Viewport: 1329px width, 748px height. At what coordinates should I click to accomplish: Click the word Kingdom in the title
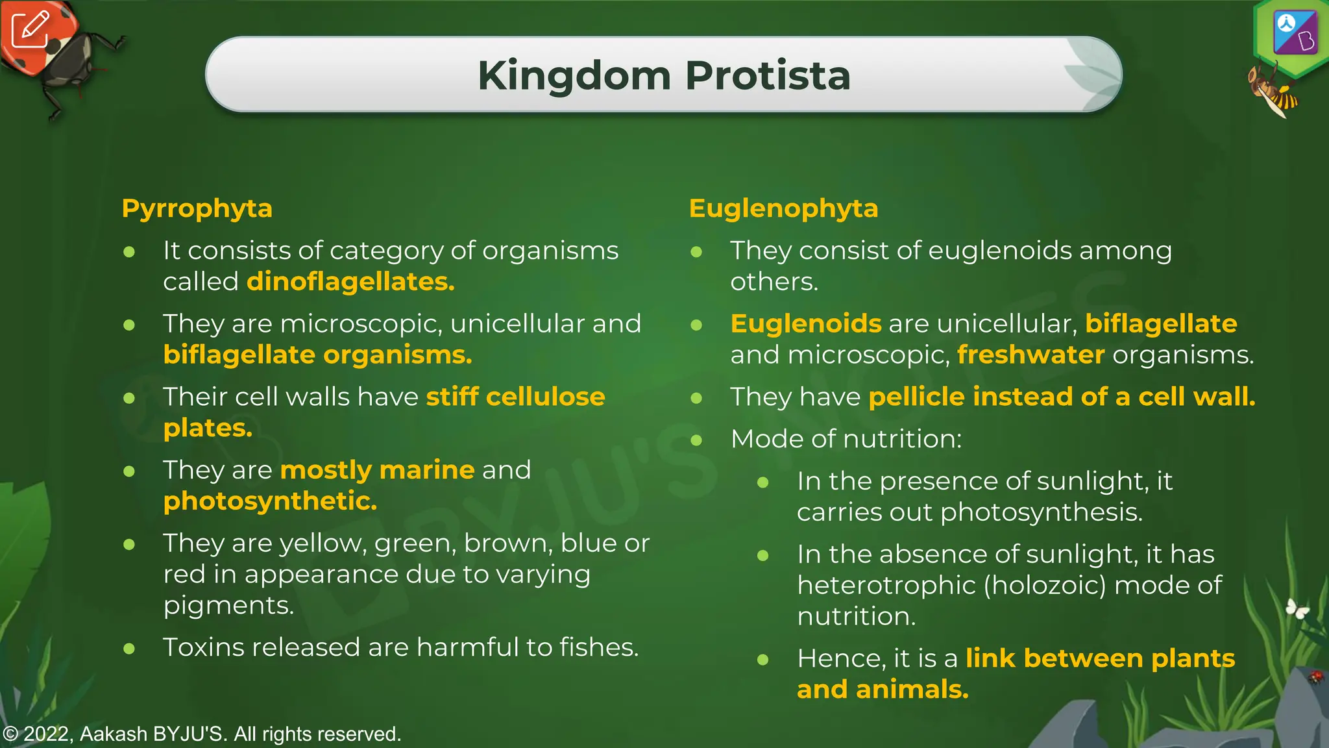tap(574, 75)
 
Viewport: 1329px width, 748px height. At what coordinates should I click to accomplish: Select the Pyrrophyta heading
tap(197, 209)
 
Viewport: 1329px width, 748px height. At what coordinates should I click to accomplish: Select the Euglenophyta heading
tap(783, 209)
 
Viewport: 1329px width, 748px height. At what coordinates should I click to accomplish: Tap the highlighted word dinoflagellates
tap(350, 282)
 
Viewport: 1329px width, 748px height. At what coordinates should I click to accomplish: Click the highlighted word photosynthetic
tap(270, 501)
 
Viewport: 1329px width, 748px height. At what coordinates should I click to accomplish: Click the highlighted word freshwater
tap(1030, 355)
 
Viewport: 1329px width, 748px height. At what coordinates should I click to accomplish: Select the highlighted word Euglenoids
tap(806, 324)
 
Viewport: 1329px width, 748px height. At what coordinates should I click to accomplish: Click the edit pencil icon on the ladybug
tap(30, 29)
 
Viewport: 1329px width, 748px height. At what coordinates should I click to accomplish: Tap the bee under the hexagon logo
tap(1272, 91)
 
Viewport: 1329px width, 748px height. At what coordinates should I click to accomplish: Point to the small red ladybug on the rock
tap(1315, 677)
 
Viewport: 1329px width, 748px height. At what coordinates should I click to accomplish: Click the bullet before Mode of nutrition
tap(696, 440)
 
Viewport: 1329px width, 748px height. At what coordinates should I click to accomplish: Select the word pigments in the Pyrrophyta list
tap(228, 606)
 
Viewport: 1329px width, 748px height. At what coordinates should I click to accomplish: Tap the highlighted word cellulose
tap(545, 397)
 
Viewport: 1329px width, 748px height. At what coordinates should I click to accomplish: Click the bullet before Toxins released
tap(129, 648)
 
